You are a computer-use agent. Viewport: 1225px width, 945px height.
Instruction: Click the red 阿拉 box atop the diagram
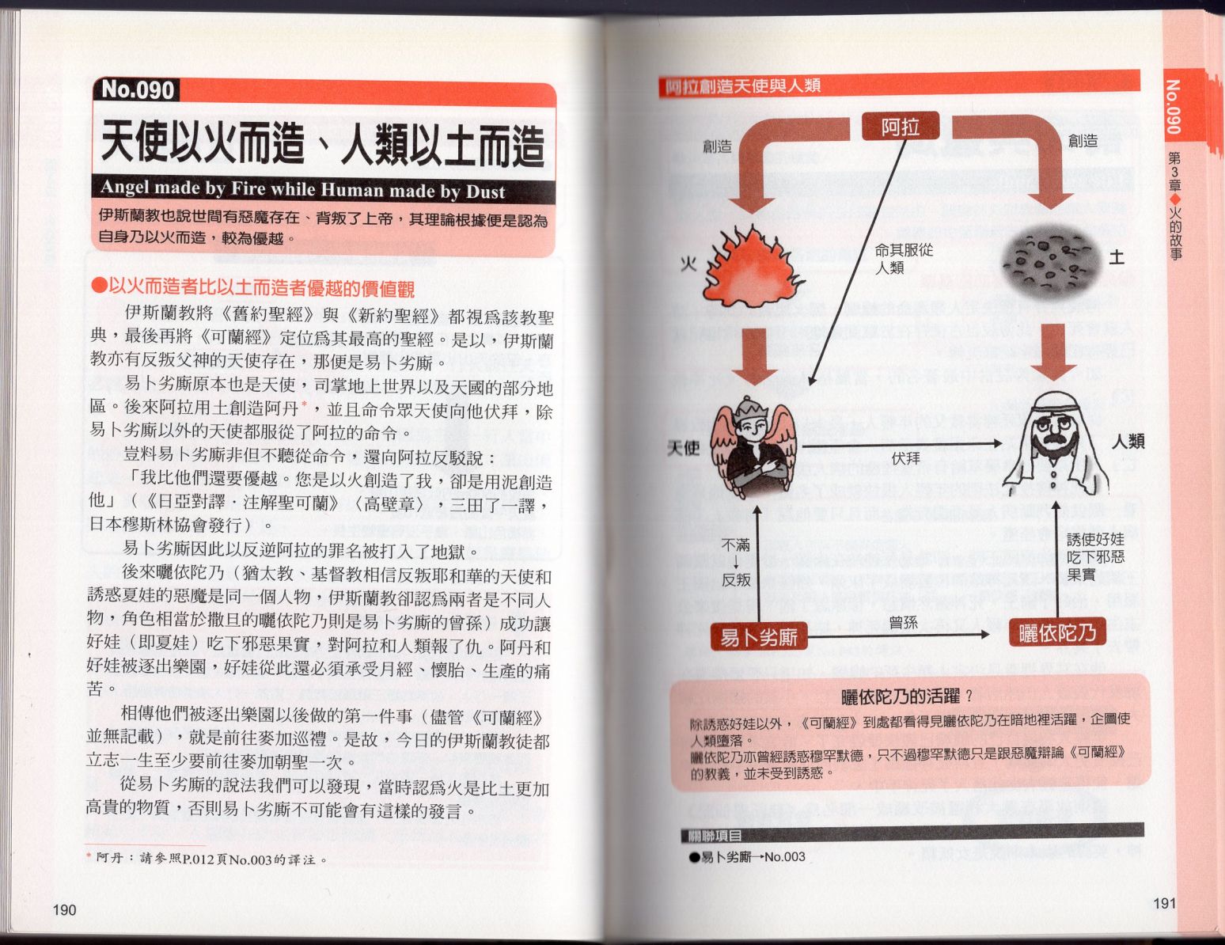901,127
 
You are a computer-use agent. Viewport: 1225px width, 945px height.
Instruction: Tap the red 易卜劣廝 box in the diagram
759,637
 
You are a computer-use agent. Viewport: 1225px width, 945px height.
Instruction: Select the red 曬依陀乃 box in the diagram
1057,632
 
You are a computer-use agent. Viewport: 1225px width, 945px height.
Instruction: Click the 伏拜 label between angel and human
905,458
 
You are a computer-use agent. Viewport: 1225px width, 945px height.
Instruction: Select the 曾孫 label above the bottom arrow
903,623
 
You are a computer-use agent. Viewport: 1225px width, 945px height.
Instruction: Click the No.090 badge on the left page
137,89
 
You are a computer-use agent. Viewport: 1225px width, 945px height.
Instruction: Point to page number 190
64,909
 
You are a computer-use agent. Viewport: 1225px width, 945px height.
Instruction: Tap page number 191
1165,903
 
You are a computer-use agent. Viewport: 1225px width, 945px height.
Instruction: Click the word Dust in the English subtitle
485,192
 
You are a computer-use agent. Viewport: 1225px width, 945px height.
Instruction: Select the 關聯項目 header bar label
711,836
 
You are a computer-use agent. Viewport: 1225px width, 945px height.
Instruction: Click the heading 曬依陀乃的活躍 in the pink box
900,697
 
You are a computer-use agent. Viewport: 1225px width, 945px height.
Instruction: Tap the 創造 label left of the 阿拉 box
716,146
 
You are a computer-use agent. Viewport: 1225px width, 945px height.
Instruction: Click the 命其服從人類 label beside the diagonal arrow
904,259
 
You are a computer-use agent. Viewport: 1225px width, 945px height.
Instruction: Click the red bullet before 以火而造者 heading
99,285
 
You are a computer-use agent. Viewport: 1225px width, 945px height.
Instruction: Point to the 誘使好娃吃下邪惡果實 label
1095,557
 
